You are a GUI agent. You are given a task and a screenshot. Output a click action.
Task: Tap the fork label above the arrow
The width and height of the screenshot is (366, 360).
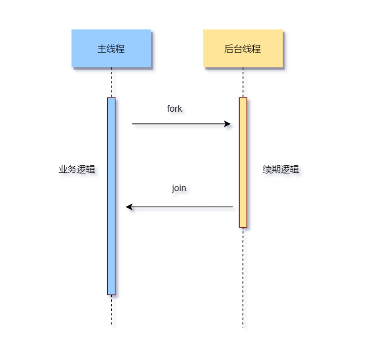point(174,109)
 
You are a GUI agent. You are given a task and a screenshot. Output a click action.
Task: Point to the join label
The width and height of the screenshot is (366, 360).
point(179,188)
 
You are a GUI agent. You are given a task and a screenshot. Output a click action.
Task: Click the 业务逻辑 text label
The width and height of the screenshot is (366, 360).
point(77,169)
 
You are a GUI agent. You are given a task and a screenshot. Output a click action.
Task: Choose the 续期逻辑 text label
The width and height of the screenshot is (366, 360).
point(281,169)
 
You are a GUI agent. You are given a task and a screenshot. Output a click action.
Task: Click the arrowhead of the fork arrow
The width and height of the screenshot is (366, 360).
point(228,124)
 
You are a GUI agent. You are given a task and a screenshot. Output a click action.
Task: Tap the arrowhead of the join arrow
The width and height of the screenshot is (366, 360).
point(128,207)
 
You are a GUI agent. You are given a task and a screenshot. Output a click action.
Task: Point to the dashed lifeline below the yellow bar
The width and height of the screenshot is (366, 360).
point(243,278)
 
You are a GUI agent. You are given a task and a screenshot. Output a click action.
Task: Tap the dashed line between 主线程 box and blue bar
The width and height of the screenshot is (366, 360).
point(112,82)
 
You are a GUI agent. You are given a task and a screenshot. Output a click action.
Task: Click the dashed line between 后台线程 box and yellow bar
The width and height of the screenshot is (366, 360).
point(243,82)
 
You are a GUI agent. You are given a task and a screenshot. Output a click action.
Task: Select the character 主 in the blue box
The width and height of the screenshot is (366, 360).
point(101,49)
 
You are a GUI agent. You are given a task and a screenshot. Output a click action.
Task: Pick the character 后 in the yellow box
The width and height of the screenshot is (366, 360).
point(228,49)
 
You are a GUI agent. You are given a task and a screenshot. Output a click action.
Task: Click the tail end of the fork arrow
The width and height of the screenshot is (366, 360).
point(133,124)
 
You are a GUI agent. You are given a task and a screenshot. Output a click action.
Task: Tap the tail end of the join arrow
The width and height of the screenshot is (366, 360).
point(232,207)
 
